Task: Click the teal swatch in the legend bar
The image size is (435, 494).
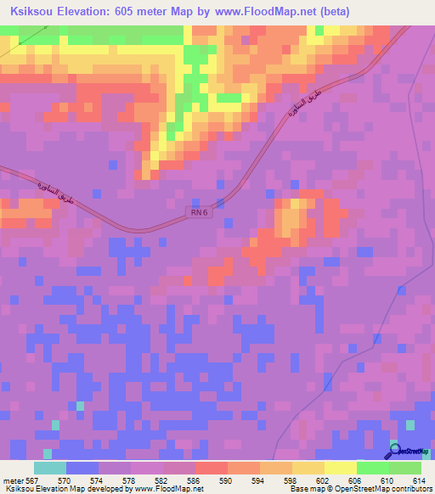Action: [x=50, y=468]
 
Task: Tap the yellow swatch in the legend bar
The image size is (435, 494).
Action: [x=340, y=468]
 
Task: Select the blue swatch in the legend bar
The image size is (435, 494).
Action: [x=82, y=468]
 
